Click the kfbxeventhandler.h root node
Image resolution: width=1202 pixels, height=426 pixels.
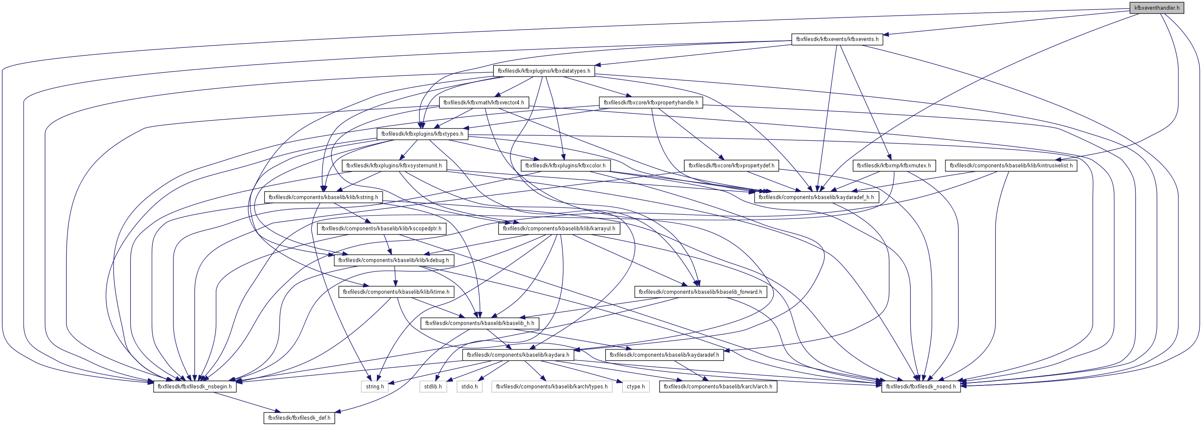(1156, 8)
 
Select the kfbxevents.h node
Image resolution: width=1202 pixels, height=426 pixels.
(837, 39)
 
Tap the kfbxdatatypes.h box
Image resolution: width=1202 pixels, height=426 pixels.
(544, 71)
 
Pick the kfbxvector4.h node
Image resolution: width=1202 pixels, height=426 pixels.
(483, 102)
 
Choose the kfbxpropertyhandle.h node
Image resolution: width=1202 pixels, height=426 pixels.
(650, 102)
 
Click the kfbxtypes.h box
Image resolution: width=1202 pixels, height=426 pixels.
(422, 134)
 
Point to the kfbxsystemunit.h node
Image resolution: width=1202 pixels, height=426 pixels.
(394, 165)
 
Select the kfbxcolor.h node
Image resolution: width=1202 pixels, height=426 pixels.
(565, 165)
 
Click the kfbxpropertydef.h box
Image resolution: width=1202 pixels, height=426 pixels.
(731, 165)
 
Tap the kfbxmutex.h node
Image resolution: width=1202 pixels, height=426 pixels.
(893, 165)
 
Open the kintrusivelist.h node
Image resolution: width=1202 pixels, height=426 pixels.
(1011, 165)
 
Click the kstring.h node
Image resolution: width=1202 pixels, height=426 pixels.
(323, 197)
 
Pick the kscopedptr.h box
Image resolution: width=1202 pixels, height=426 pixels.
(381, 228)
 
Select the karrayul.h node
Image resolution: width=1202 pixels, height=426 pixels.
(559, 228)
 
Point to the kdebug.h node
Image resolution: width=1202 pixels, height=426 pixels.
(393, 260)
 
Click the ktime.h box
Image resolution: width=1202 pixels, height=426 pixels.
(396, 292)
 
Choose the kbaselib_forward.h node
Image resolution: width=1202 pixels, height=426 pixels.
(700, 292)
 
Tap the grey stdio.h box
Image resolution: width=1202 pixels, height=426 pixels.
(469, 387)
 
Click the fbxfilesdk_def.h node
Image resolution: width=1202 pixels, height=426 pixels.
(299, 418)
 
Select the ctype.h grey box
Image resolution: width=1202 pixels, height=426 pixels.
(636, 387)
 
